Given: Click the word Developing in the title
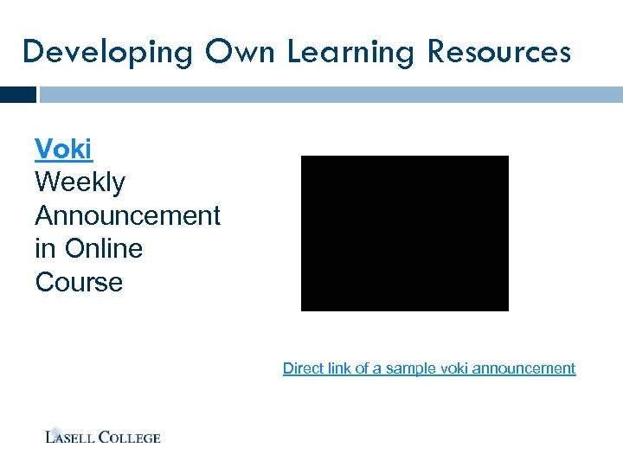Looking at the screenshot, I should click(x=107, y=52).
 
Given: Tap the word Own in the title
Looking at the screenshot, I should click(x=240, y=52).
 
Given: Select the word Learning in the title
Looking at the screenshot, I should click(x=350, y=52).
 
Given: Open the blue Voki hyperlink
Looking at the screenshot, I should click(x=63, y=149).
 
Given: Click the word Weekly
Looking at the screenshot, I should click(x=80, y=182).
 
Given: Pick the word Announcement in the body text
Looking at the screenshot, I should click(x=128, y=215).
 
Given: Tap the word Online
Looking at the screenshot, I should click(x=101, y=249).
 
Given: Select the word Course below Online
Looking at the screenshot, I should click(x=79, y=283).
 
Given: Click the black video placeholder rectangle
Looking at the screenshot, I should click(x=404, y=233).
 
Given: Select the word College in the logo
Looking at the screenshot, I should click(x=129, y=437).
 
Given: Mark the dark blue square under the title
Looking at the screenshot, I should click(x=18, y=94).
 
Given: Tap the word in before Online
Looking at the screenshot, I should click(x=44, y=249).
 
